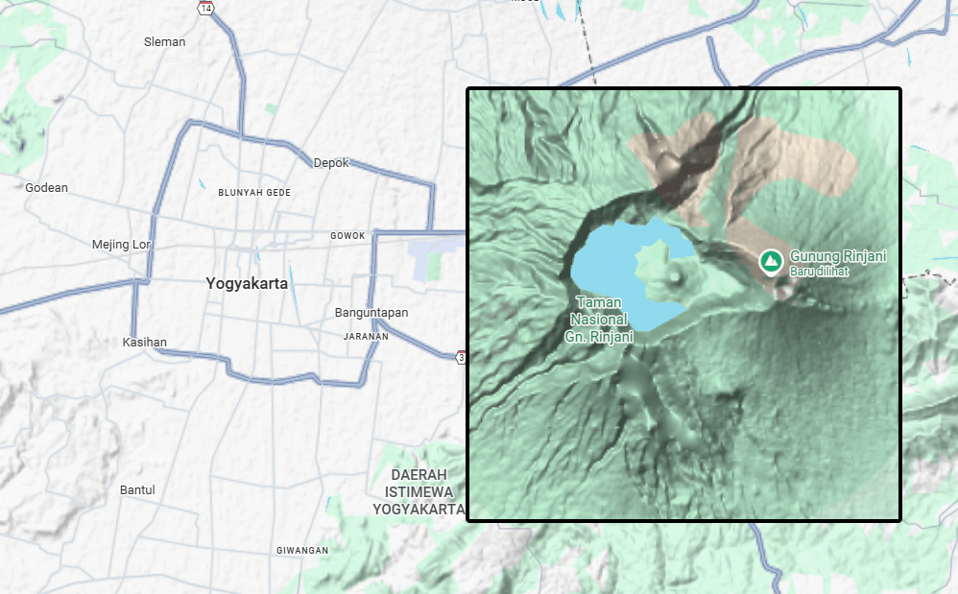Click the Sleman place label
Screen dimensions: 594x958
(x=164, y=41)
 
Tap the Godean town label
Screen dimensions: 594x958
(x=46, y=187)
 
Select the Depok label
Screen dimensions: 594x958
(x=331, y=162)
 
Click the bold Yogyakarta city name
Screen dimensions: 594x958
(x=247, y=283)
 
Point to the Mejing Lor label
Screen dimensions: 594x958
(x=122, y=244)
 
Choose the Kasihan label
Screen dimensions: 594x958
(x=145, y=343)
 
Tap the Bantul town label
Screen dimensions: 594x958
(x=137, y=490)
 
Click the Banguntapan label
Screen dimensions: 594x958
(x=371, y=313)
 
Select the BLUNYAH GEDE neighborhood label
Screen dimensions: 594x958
(x=254, y=193)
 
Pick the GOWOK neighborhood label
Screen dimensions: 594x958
(x=347, y=235)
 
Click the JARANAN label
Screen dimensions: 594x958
(x=366, y=337)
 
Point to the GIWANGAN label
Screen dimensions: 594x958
(x=302, y=551)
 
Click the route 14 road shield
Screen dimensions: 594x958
(x=205, y=8)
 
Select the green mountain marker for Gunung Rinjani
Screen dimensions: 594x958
(x=769, y=260)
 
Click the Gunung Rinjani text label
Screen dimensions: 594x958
(x=837, y=256)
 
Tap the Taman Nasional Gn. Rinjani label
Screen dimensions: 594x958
(x=600, y=319)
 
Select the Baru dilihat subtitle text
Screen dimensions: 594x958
(x=819, y=272)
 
